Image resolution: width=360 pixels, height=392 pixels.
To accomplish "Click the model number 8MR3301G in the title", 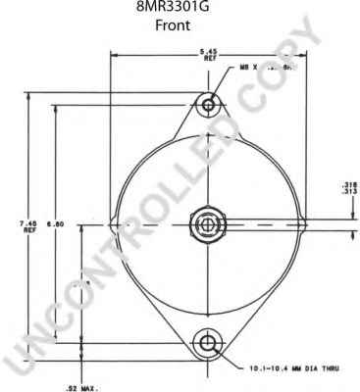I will [180, 9].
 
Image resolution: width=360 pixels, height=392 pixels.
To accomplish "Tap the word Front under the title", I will [180, 27].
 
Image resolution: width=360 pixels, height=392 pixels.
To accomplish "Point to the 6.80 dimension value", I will [61, 223].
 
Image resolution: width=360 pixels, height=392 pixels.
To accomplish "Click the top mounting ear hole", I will [208, 103].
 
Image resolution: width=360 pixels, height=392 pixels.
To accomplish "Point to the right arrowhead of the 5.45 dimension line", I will [304, 56].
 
